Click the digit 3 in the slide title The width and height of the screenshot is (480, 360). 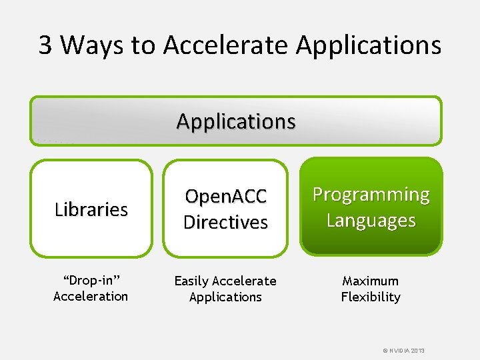(45, 45)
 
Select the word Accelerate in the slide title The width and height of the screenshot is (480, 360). (225, 45)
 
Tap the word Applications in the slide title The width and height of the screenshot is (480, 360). (368, 45)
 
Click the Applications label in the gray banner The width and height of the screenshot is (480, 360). (236, 121)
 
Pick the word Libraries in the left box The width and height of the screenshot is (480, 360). (91, 209)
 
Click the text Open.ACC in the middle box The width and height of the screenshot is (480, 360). (225, 197)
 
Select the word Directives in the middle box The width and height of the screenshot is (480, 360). (225, 222)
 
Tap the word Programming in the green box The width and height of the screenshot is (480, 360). (371, 195)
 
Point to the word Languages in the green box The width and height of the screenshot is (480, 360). (371, 220)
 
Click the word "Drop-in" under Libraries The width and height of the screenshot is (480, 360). (90, 281)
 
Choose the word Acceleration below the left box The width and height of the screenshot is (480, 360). (91, 297)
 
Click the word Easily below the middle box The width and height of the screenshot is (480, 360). (192, 281)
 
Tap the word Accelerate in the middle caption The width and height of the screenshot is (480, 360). (245, 281)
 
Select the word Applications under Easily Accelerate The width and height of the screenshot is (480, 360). (225, 297)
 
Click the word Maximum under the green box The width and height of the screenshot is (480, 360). (371, 281)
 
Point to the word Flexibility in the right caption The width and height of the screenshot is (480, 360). (371, 297)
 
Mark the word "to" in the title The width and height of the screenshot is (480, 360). (143, 45)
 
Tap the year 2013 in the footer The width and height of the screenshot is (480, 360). (417, 351)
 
